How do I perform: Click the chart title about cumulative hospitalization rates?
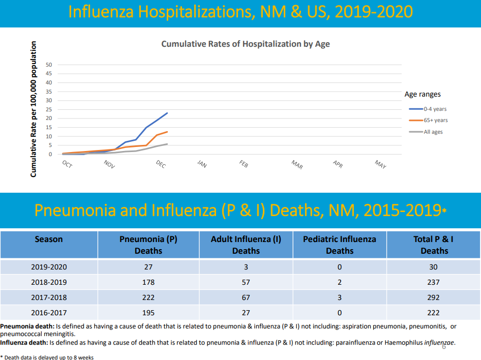245,44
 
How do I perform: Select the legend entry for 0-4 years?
435,109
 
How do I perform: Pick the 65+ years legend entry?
435,121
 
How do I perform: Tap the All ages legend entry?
433,132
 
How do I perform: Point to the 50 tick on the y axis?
49,65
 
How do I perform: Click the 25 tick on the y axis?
49,109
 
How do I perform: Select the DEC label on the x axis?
161,164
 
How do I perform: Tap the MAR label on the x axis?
297,164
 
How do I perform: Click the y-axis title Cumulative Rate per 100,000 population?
34,109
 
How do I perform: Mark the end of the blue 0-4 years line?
167,113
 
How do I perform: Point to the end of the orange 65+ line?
167,132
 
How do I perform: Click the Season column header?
49,239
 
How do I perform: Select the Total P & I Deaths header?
434,245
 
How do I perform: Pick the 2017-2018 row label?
49,297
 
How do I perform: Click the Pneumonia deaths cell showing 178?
148,282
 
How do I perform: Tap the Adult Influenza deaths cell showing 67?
246,297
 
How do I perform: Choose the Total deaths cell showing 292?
434,297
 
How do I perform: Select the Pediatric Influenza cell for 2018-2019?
339,282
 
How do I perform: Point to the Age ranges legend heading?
423,94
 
